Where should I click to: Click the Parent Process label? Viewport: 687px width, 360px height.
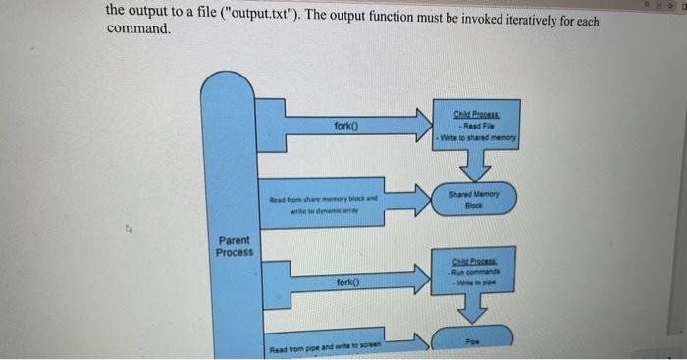pyautogui.click(x=234, y=245)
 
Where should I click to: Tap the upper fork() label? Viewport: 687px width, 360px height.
pyautogui.click(x=345, y=127)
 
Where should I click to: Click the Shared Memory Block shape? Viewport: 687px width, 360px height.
pyautogui.click(x=475, y=200)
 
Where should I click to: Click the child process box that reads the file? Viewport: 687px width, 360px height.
pyautogui.click(x=475, y=128)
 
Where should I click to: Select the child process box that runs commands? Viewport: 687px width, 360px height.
pyautogui.click(x=475, y=266)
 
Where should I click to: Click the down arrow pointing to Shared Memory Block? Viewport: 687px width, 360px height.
pyautogui.click(x=475, y=167)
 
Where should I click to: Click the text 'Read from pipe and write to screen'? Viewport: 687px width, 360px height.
pyautogui.click(x=327, y=349)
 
